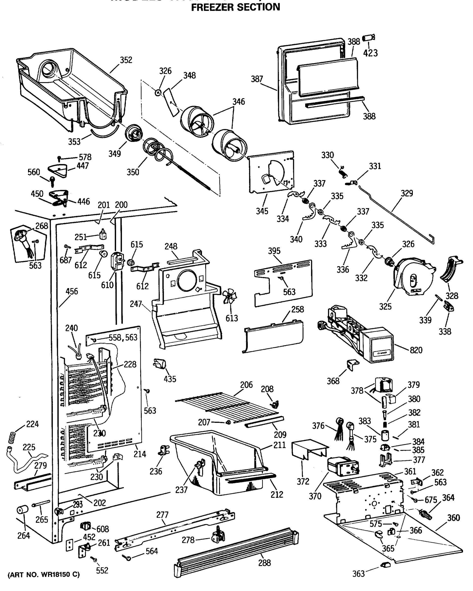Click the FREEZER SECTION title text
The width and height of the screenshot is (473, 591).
(235, 7)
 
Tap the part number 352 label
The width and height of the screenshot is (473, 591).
(126, 60)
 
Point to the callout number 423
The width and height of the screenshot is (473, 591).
(370, 53)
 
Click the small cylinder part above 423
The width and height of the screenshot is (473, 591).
(369, 38)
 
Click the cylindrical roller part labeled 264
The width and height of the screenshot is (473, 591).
(22, 510)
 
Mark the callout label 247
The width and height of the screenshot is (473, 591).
(136, 304)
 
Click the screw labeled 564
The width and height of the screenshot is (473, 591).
(128, 558)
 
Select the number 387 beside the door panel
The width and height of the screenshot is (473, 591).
(257, 79)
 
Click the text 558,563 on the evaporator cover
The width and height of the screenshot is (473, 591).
(123, 337)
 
